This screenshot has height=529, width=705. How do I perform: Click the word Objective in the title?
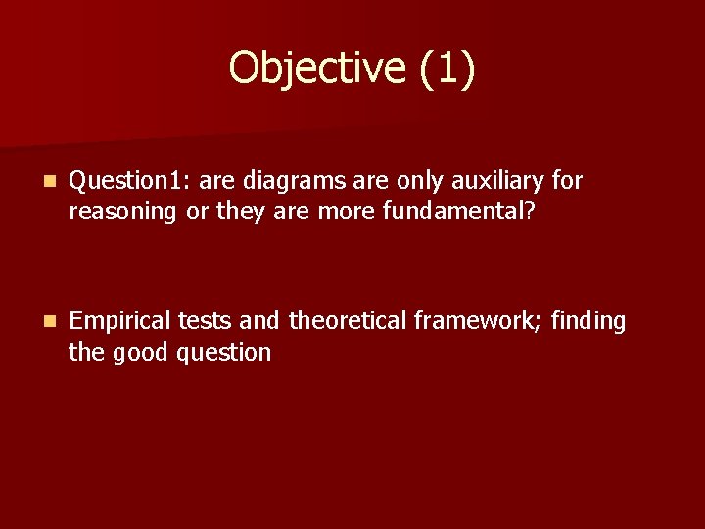[x=314, y=69]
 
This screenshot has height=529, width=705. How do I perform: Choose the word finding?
[x=588, y=322]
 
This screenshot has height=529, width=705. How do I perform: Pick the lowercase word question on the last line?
[x=224, y=353]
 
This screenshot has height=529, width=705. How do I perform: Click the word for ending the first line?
[x=567, y=182]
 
